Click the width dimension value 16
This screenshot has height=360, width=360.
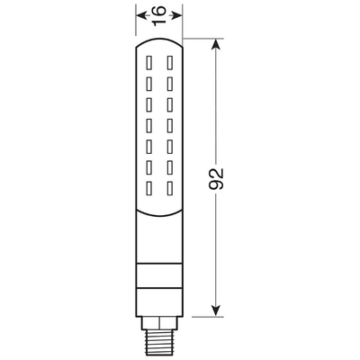[x=160, y=15]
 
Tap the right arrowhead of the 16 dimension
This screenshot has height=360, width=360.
[x=181, y=15]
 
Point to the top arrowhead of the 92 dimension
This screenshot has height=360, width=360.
[x=216, y=45]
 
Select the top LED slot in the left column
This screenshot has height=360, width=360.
[x=150, y=62]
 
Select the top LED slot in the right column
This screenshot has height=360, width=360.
[x=169, y=62]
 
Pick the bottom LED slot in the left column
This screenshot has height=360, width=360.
[x=150, y=190]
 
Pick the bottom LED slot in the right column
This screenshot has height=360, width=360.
[x=169, y=190]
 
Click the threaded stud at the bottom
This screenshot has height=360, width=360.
[x=160, y=340]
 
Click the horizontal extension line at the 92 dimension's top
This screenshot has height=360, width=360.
[x=202, y=39]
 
